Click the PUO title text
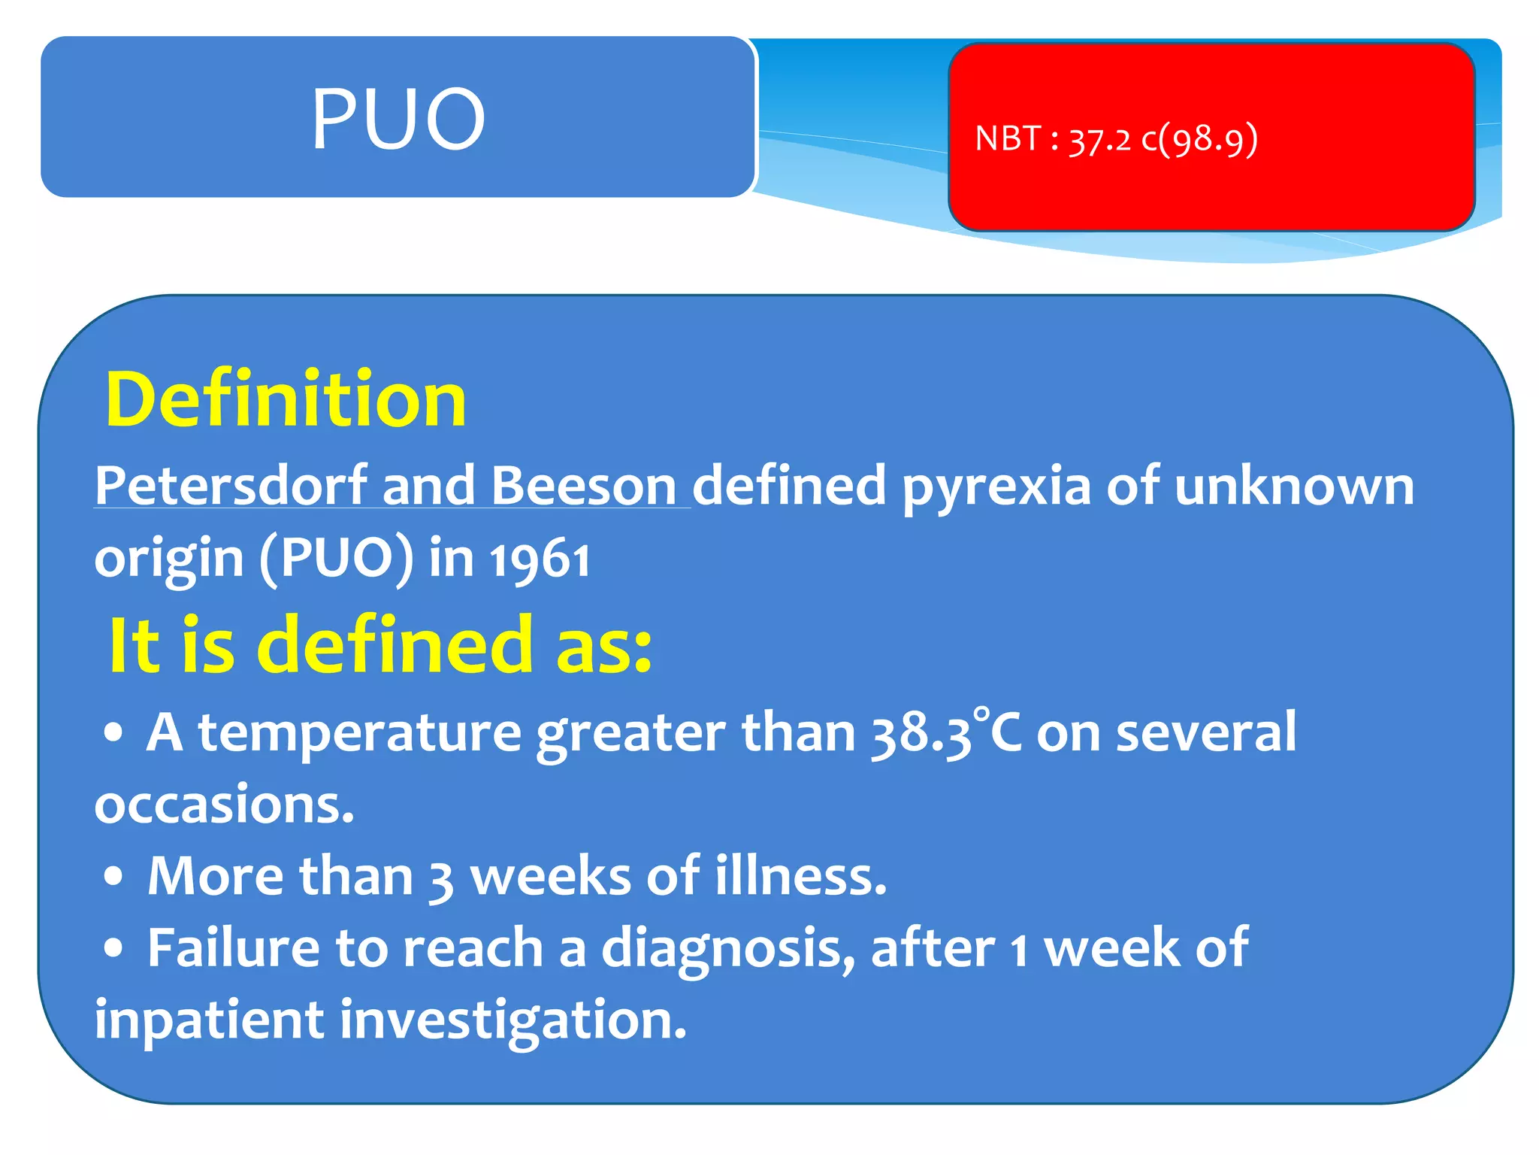(x=398, y=118)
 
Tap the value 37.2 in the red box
(x=1099, y=140)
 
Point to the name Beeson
(x=584, y=486)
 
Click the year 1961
(x=540, y=559)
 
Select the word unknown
(x=1294, y=486)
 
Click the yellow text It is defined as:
(x=380, y=645)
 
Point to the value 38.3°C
(x=946, y=732)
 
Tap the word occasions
(x=223, y=804)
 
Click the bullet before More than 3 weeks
(x=113, y=877)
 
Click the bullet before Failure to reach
(x=113, y=948)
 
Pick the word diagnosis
(x=727, y=949)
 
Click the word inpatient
(x=208, y=1020)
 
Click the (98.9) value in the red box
(x=1208, y=140)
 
